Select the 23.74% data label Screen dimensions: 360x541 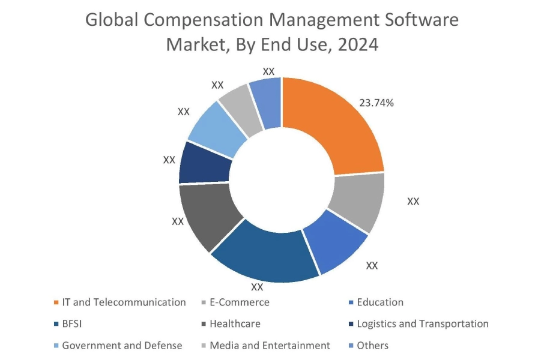tap(376, 103)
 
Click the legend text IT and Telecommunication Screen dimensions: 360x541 tap(124, 302)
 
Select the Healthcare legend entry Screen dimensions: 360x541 tap(235, 324)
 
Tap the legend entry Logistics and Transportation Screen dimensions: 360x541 tap(422, 324)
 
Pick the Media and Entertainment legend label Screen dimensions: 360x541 tap(270, 346)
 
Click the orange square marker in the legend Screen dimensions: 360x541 tap(56, 302)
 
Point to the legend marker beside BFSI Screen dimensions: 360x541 tap(56, 324)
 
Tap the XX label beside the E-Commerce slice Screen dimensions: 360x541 tap(413, 202)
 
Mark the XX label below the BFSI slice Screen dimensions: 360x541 tap(258, 287)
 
